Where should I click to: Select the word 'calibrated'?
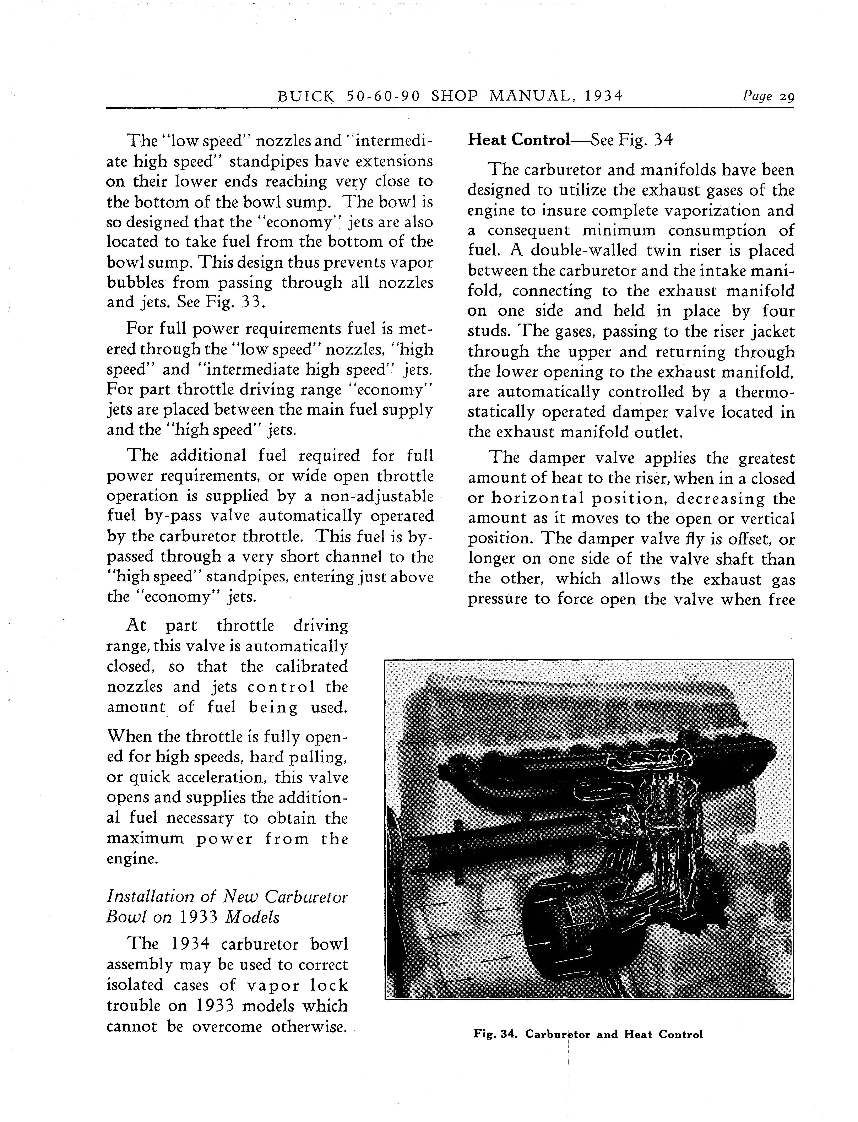click(x=311, y=667)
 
